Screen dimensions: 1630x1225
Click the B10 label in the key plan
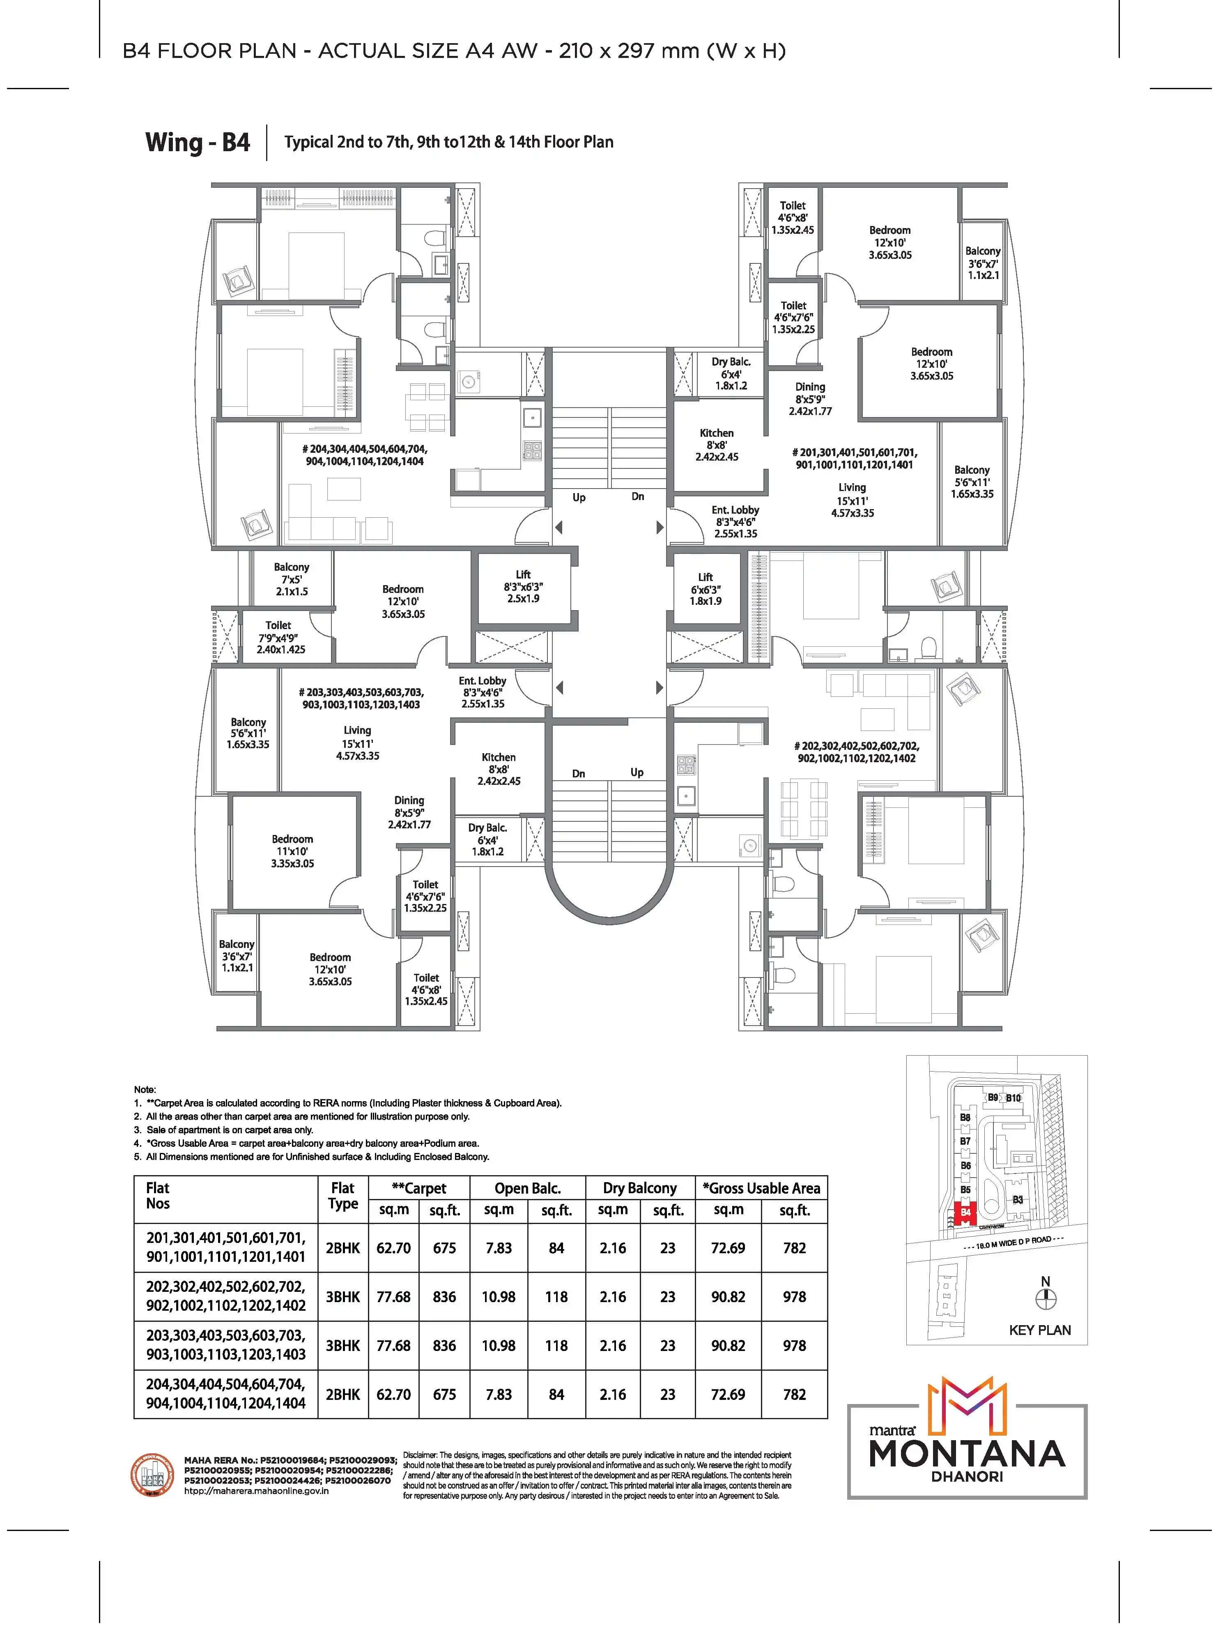coord(1014,1098)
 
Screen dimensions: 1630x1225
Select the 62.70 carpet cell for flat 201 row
coord(393,1247)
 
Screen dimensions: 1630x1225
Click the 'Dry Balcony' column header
coord(639,1188)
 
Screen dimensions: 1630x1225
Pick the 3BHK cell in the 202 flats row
coord(342,1296)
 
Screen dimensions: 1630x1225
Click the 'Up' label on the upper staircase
coord(579,498)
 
